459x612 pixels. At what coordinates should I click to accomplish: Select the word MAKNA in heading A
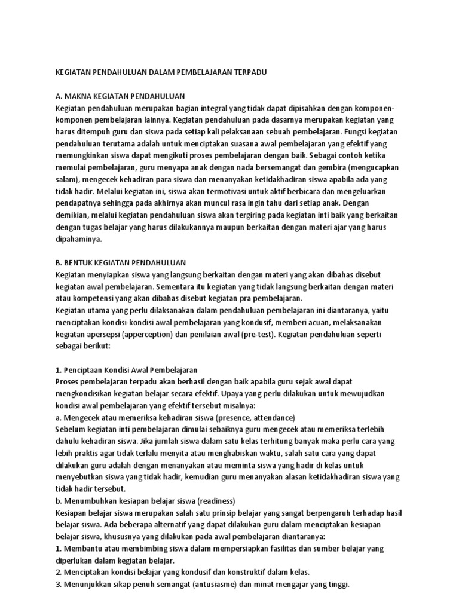pos(79,96)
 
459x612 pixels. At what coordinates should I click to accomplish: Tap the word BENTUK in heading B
pos(81,262)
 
